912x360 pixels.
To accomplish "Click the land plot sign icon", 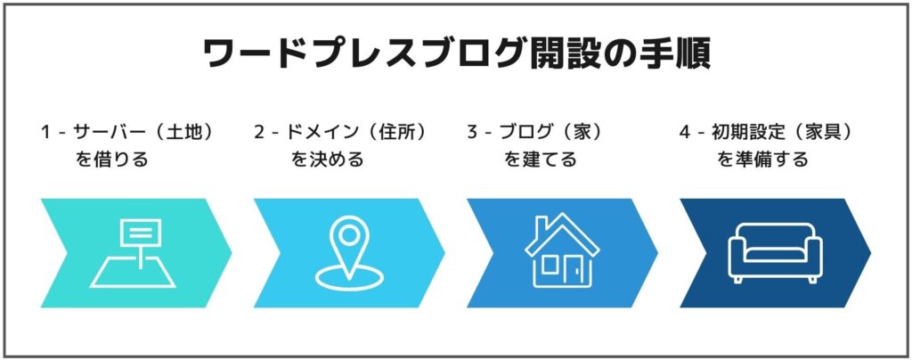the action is point(133,252).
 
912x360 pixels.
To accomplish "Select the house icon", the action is point(562,250).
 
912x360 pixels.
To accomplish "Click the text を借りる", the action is point(111,160).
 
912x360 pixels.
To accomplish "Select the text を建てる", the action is point(541,160).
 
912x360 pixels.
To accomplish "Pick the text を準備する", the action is point(762,160).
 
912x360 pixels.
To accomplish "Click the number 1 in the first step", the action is point(45,133).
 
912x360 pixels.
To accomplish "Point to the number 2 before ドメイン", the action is point(259,133).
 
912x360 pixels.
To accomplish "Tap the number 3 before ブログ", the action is point(472,133).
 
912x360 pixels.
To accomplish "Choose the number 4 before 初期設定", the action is point(685,133).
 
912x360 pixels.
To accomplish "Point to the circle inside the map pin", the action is point(348,235).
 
